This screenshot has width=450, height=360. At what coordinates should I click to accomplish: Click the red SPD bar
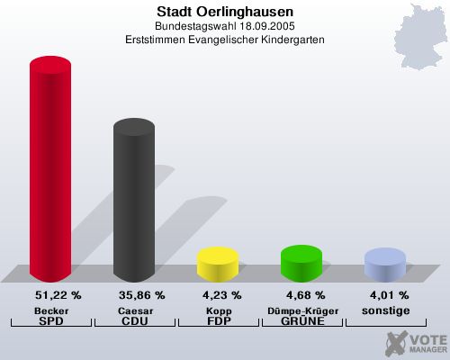(x=50, y=171)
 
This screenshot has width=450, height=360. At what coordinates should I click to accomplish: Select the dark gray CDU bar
(x=133, y=202)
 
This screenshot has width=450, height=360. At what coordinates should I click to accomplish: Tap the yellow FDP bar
(x=217, y=263)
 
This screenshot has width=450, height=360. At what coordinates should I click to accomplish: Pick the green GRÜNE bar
(x=301, y=262)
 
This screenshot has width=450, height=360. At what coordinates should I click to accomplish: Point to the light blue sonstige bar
(x=383, y=263)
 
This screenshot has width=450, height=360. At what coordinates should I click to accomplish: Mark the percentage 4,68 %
(x=301, y=294)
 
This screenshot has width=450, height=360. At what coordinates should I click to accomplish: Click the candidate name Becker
(x=51, y=310)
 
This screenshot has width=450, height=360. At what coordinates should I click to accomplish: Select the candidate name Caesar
(x=133, y=310)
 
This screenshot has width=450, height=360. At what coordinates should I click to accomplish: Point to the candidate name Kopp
(x=217, y=310)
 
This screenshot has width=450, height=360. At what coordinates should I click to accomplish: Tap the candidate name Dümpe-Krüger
(x=301, y=310)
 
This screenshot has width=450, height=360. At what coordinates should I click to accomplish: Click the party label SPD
(x=51, y=320)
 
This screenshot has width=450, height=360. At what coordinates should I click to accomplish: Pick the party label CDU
(x=133, y=320)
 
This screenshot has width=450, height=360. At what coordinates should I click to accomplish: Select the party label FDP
(x=217, y=320)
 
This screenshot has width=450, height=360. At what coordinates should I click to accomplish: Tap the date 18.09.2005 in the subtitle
(x=254, y=27)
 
